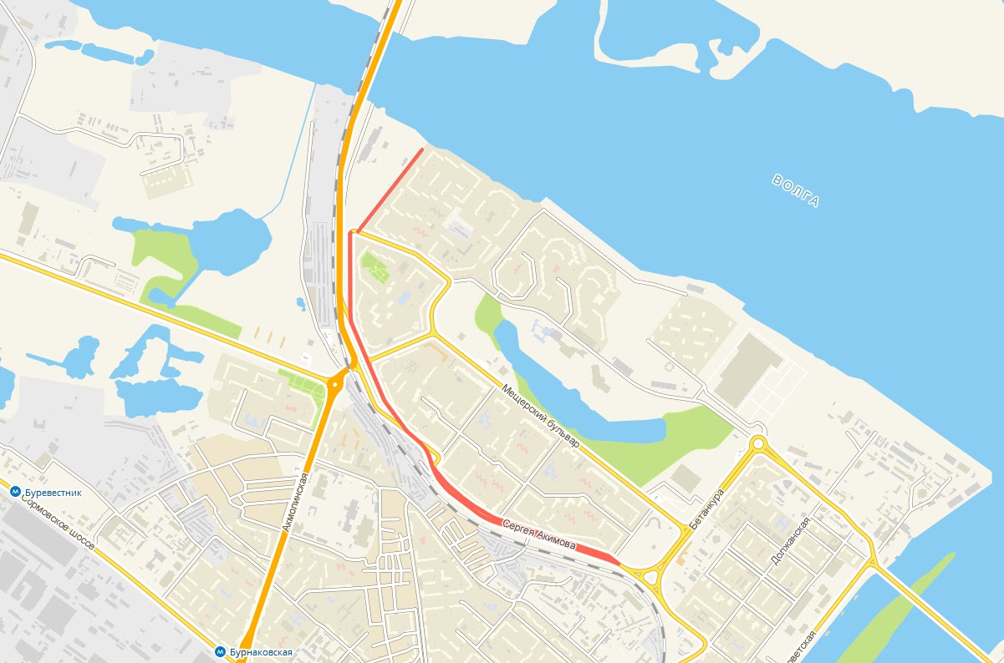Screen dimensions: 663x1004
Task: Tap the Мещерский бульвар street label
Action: (541, 417)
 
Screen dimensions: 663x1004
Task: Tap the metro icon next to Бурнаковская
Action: (219, 651)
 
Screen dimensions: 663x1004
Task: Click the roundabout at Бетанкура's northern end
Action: (758, 443)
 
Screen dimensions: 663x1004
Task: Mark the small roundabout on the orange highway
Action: (334, 385)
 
